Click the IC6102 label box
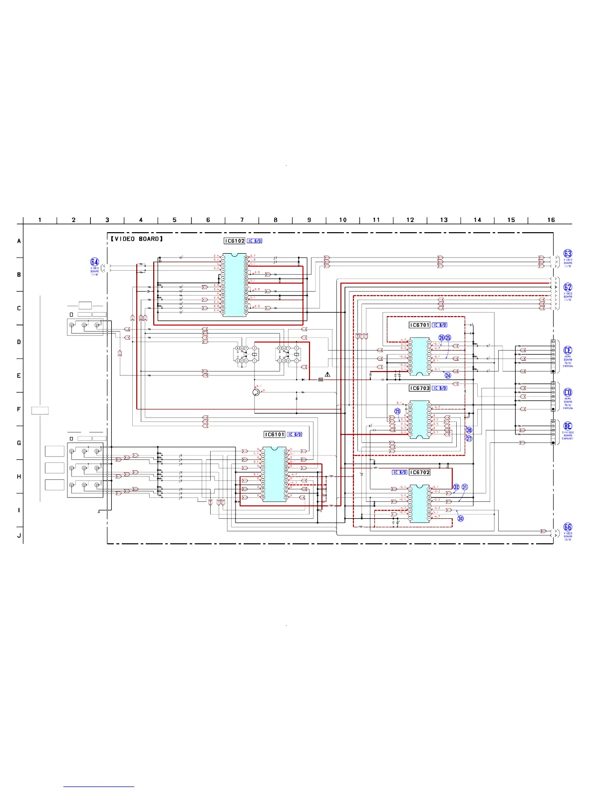coord(235,241)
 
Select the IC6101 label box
coord(275,434)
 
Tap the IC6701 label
coord(419,325)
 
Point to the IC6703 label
coord(419,388)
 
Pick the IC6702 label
coord(419,472)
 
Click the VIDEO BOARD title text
coord(137,239)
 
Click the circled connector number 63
coord(568,254)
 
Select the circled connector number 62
coord(568,287)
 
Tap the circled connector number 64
coord(94,262)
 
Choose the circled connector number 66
coord(568,527)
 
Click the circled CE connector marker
coord(568,351)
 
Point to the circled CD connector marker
coord(568,393)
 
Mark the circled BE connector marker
coord(568,427)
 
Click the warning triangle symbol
coord(327,374)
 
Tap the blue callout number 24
coord(448,376)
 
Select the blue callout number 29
coord(397,411)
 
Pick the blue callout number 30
coord(460,518)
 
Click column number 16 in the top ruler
coord(551,220)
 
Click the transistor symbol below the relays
coord(257,393)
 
